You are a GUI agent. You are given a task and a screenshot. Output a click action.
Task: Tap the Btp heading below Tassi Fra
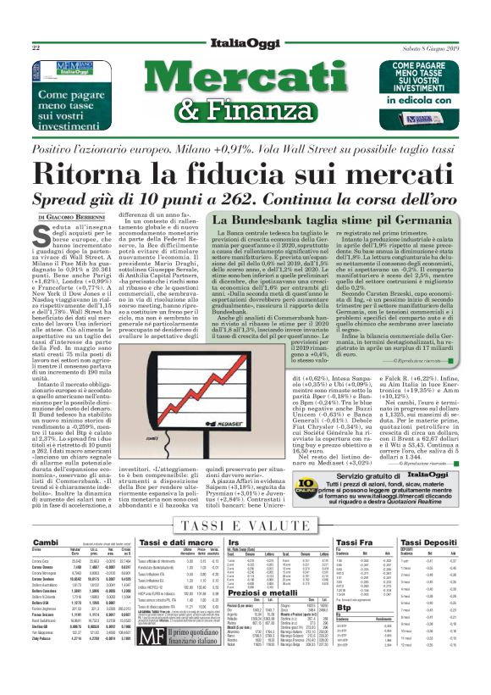(344, 607)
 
